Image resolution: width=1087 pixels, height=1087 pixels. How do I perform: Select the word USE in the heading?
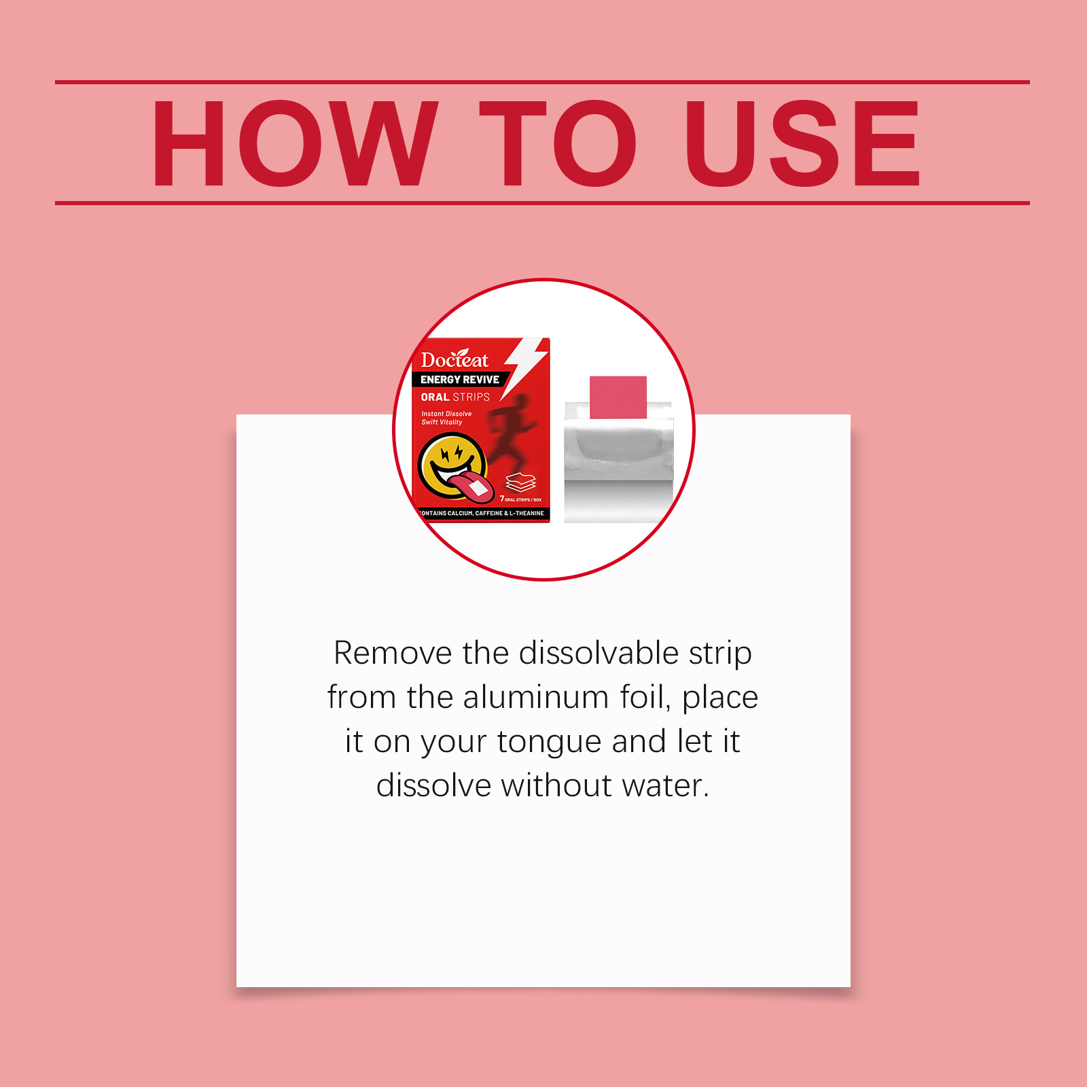[802, 143]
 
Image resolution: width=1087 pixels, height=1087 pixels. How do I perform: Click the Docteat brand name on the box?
[455, 359]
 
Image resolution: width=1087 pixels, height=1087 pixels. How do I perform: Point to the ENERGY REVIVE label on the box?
[460, 380]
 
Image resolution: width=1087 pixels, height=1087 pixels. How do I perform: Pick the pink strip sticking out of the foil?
[618, 397]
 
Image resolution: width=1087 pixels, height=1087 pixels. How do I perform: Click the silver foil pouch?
[618, 463]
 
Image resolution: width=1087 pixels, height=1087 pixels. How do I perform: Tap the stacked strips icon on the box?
[521, 482]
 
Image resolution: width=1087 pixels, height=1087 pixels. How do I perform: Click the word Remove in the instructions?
[393, 653]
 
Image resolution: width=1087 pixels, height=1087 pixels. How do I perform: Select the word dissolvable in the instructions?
[599, 653]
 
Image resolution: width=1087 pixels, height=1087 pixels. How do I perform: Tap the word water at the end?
[666, 786]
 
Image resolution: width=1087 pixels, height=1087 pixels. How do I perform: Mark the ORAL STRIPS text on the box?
[455, 397]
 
